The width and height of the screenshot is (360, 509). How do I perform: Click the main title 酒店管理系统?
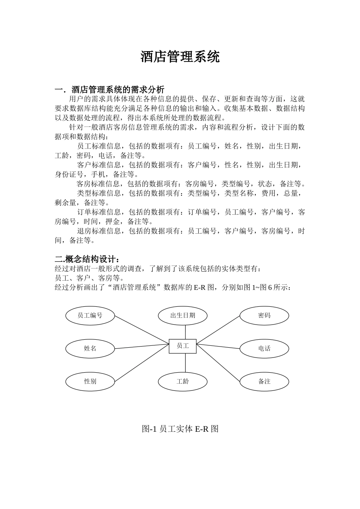tap(180, 57)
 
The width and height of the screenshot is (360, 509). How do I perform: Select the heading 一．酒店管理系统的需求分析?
tap(110, 90)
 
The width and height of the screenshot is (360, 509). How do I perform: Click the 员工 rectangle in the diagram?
tap(183, 346)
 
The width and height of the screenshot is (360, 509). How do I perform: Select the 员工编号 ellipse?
tap(90, 315)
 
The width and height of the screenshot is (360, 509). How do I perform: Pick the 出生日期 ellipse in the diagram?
tap(183, 315)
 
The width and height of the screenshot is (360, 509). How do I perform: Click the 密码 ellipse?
tap(264, 315)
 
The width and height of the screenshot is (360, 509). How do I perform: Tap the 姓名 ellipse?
tap(90, 348)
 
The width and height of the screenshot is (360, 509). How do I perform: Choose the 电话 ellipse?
tap(264, 348)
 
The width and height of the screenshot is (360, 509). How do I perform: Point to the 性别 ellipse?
tap(90, 381)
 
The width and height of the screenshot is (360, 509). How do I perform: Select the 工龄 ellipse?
tap(183, 381)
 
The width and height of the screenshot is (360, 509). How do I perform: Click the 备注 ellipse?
tap(264, 381)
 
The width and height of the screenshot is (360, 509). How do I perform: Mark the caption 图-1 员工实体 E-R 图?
tap(180, 429)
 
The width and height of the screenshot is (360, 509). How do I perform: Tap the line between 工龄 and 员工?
tap(185, 362)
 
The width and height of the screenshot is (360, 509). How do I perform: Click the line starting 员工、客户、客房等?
tap(89, 278)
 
